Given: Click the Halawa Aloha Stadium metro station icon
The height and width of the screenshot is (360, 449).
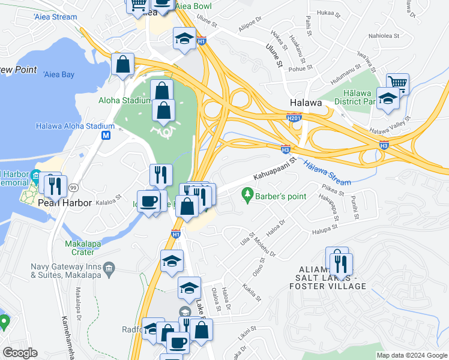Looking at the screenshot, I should [x=106, y=136].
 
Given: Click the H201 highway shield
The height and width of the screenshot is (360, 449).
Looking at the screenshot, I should [x=294, y=117].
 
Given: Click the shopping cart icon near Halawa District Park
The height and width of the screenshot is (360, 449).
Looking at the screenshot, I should [x=397, y=83].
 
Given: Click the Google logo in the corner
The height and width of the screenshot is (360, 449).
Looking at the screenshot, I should [x=20, y=353].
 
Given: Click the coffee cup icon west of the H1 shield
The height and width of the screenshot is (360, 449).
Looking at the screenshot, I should [x=148, y=200].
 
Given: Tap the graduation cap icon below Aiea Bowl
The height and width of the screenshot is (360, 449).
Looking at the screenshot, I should [x=184, y=38].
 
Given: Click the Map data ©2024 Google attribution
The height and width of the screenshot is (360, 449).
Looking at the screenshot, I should [x=412, y=355].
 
